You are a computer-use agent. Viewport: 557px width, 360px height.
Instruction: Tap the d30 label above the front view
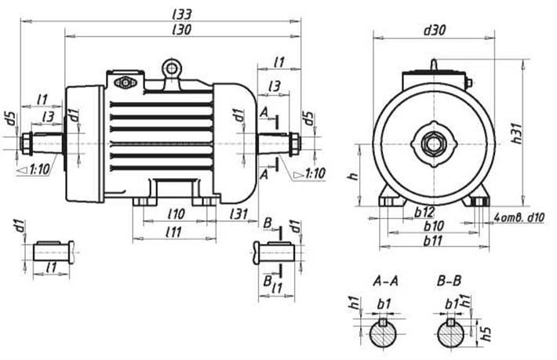(434, 30)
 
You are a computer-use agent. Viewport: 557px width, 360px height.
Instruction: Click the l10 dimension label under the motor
(175, 213)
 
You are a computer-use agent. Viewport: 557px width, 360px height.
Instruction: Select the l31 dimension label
(238, 213)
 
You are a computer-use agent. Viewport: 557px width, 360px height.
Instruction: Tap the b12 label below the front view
(424, 212)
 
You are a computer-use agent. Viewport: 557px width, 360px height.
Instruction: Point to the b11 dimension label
(429, 240)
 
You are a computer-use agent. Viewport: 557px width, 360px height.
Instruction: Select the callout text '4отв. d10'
(520, 214)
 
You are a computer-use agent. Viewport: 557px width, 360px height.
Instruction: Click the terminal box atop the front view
(434, 77)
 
